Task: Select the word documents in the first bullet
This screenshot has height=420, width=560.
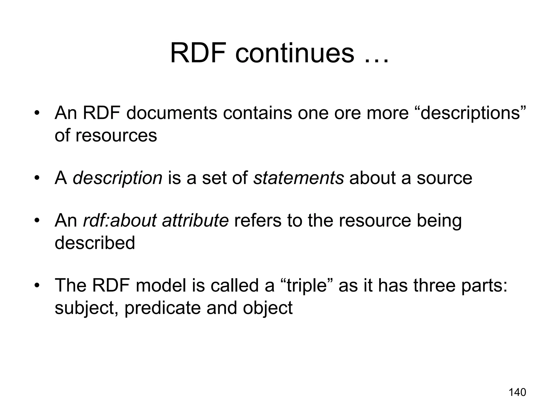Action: point(171,113)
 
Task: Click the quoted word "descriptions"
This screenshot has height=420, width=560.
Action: point(470,113)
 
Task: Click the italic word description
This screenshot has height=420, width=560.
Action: point(118,178)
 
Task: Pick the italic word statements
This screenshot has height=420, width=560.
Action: point(298,178)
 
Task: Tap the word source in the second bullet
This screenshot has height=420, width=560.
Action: point(444,178)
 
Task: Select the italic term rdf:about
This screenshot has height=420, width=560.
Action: point(120,220)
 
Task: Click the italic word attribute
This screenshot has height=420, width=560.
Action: point(195,220)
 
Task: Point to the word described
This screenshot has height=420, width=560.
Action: point(95,243)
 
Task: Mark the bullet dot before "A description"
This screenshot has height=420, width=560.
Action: point(37,178)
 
